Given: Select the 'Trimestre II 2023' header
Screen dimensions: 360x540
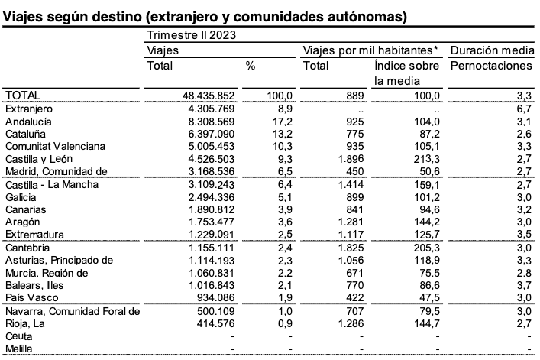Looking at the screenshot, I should pos(191,34).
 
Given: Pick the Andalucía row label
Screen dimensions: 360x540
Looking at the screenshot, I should pos(28,122).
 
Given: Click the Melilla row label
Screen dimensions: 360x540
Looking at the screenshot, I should pos(19,349).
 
